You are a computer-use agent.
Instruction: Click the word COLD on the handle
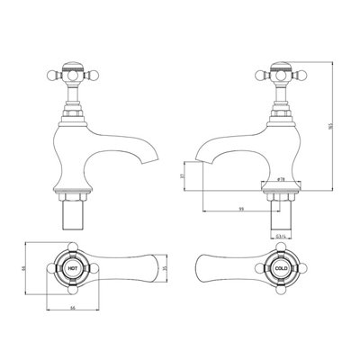click(280, 268)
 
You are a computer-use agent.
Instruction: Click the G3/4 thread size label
click(280, 238)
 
